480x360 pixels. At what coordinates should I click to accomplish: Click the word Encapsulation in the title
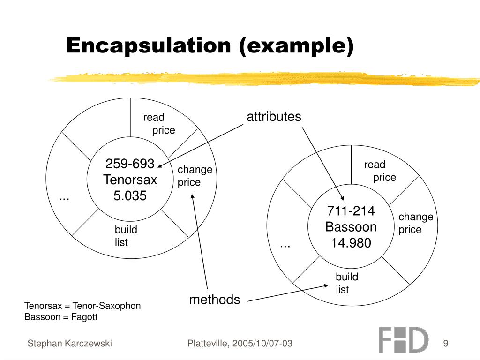[x=149, y=46]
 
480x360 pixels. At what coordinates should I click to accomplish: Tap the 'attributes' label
[x=274, y=117]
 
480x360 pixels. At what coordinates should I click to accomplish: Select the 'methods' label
[x=215, y=300]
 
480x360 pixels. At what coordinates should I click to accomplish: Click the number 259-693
[x=130, y=164]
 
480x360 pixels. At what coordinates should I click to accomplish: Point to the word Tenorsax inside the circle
[x=130, y=180]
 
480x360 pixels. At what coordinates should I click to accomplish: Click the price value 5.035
[x=130, y=196]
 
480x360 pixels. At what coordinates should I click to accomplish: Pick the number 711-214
[x=351, y=211]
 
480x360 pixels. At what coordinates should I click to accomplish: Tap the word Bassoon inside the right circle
[x=351, y=227]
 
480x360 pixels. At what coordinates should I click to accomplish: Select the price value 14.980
[x=351, y=243]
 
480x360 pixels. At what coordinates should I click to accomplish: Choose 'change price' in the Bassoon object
[x=415, y=223]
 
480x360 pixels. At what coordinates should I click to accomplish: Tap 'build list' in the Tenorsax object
[x=126, y=236]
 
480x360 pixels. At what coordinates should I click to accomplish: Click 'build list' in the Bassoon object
[x=346, y=283]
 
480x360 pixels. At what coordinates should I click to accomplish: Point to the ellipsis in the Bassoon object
[x=285, y=245]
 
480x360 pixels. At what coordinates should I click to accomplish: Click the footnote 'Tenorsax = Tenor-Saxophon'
[x=82, y=306]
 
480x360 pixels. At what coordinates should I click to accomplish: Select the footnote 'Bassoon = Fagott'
[x=61, y=317]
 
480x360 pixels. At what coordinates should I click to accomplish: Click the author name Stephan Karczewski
[x=70, y=344]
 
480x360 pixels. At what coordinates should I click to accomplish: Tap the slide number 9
[x=445, y=344]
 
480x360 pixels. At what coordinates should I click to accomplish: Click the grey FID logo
[x=403, y=340]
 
